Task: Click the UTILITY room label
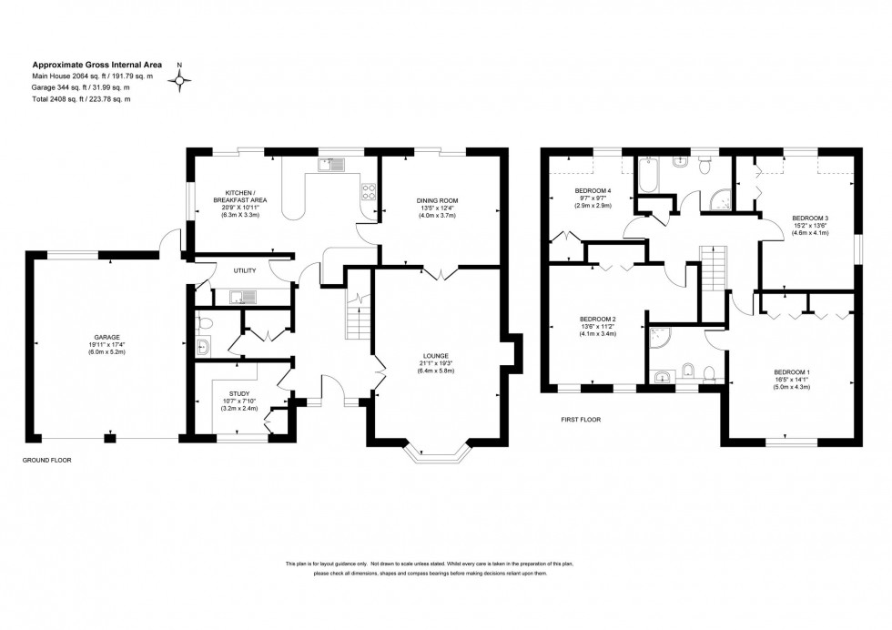[x=245, y=270]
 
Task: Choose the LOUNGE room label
[x=436, y=355]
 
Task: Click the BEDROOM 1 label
[x=791, y=372]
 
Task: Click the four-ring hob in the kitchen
[x=370, y=191]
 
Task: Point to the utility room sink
[x=243, y=295]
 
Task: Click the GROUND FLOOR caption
[x=46, y=461]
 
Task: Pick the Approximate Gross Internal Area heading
[x=97, y=65]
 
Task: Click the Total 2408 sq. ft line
[x=82, y=99]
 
